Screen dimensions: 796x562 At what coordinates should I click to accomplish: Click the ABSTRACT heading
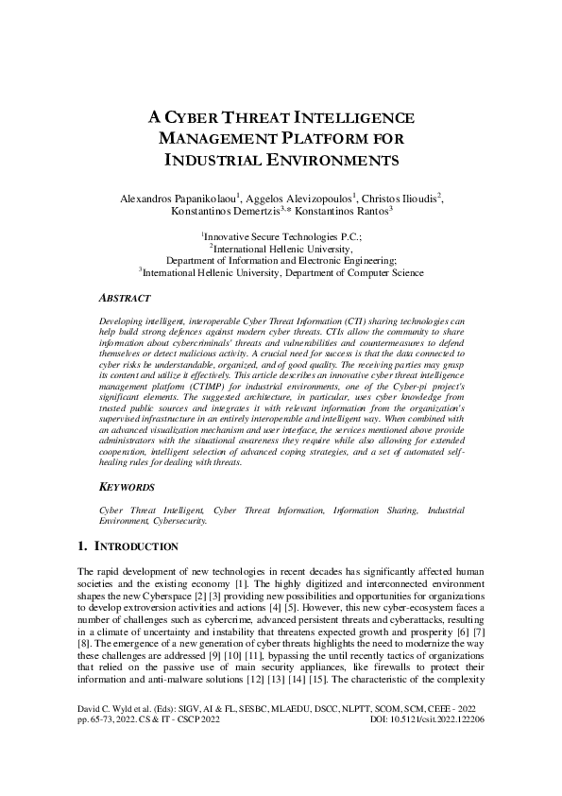(x=127, y=297)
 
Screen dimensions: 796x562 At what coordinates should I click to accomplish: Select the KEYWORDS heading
(x=127, y=488)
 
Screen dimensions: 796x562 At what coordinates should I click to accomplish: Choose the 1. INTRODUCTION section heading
(x=126, y=546)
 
